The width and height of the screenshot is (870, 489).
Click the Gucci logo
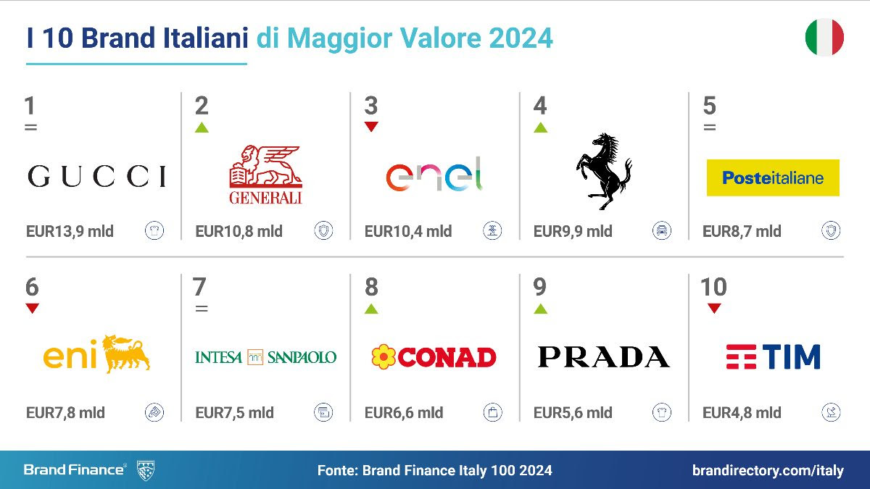[x=96, y=176]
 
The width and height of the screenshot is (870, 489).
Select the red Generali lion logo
[x=265, y=175]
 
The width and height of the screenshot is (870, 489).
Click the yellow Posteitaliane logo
[x=773, y=177]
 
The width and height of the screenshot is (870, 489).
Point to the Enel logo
[x=434, y=176]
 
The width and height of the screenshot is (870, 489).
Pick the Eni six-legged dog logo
[x=96, y=354]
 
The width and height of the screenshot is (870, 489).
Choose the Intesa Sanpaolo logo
[x=265, y=357]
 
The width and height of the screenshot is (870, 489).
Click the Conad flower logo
[x=434, y=356]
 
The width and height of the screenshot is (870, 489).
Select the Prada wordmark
[x=603, y=357]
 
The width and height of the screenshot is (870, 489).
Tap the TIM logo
[x=773, y=356]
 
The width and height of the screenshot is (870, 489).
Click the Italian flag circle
[x=824, y=38]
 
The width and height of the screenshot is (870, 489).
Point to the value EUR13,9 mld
[x=70, y=232]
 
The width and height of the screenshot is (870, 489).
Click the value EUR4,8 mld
[x=742, y=413]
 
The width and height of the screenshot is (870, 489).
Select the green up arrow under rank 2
[x=202, y=128]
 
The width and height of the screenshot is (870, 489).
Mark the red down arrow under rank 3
[x=371, y=127]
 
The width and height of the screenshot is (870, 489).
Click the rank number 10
[x=713, y=287]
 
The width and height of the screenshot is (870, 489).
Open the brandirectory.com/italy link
[x=768, y=470]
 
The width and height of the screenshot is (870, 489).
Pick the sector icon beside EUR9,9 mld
[x=661, y=231]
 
